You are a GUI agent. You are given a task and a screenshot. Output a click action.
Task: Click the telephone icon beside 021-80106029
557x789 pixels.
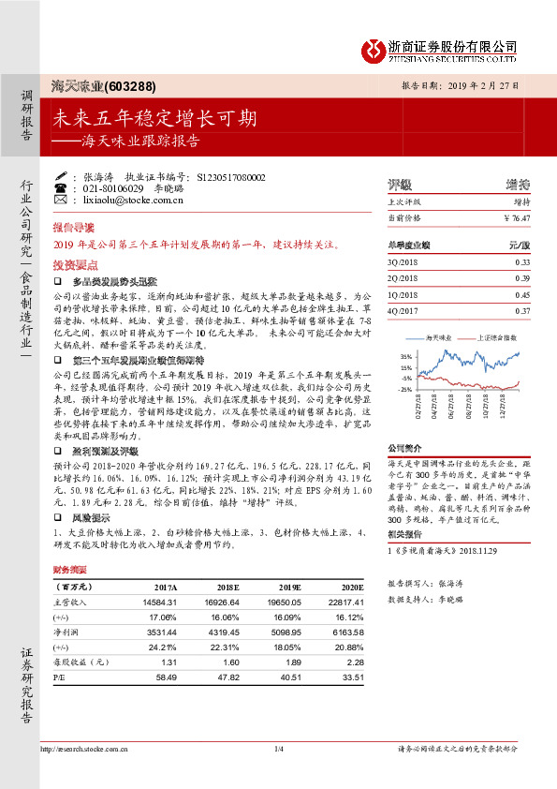tap(61, 187)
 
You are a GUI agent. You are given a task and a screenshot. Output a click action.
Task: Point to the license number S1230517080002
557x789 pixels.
tap(231, 176)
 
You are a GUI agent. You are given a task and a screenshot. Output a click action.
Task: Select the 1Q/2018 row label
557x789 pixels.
tap(402, 295)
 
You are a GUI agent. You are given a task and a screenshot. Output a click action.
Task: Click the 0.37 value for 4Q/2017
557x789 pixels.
tap(522, 310)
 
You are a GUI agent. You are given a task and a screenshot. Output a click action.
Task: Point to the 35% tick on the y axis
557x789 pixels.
tap(404, 357)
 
